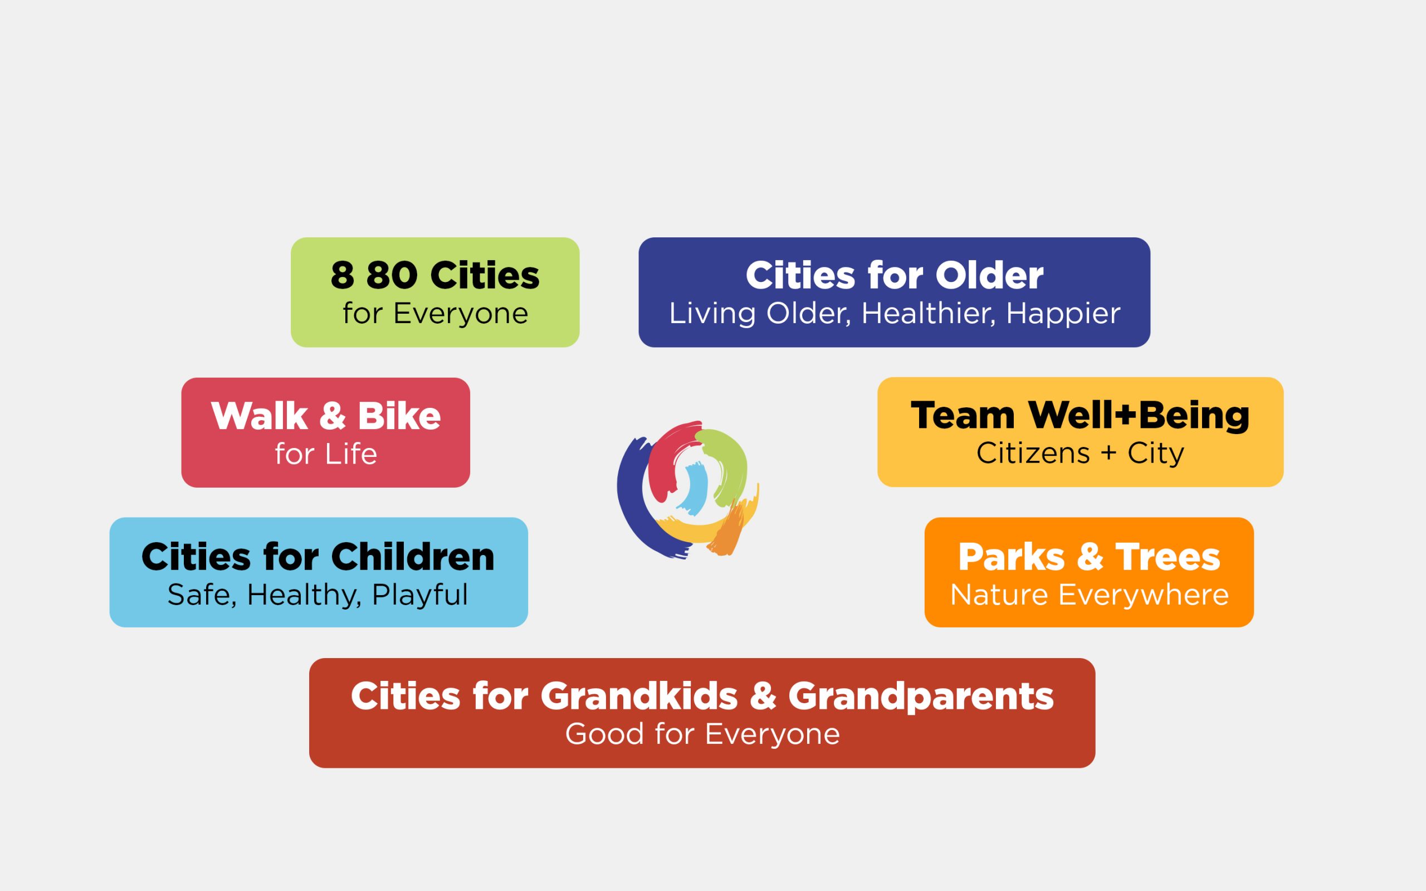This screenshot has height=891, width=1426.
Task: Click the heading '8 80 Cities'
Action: (434, 275)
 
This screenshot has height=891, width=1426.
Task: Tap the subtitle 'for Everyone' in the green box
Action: (435, 314)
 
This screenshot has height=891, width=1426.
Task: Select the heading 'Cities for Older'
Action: (894, 275)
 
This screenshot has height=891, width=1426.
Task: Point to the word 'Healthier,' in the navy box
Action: (929, 314)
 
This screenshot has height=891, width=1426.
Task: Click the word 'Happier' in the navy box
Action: (1063, 314)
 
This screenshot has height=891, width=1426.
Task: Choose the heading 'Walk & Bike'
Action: (326, 416)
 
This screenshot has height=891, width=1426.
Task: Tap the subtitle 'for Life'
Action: (326, 454)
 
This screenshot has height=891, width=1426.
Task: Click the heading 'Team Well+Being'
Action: (1080, 416)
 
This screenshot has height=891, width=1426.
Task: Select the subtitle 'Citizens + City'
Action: (1080, 453)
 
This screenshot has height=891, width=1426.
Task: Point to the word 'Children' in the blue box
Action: (413, 556)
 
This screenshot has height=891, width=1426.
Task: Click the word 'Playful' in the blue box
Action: (420, 595)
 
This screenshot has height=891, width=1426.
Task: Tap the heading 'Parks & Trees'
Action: (1089, 557)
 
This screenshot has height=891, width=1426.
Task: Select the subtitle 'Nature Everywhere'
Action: (1089, 595)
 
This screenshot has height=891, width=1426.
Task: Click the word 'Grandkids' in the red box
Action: (639, 696)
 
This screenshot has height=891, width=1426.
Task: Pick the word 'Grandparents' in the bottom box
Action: (921, 697)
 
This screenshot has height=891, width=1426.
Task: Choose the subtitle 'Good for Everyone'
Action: (702, 734)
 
